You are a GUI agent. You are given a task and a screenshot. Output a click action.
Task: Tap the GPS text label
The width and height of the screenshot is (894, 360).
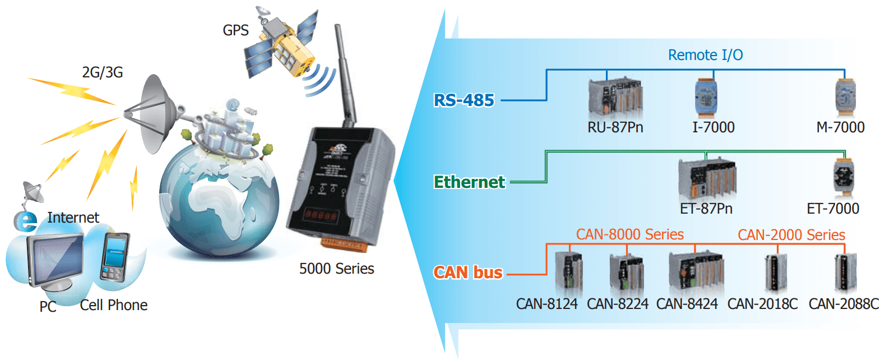(x=235, y=30)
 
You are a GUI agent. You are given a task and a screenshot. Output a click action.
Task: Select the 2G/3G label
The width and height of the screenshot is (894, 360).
(x=103, y=72)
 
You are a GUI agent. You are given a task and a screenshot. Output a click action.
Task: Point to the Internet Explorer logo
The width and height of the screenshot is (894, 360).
(x=25, y=221)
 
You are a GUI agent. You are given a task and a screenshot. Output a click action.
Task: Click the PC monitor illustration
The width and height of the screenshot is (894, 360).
(x=55, y=261)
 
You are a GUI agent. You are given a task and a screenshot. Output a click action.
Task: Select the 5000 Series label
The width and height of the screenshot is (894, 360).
(x=336, y=269)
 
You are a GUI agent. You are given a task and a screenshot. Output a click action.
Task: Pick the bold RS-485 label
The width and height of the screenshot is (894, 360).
(x=464, y=100)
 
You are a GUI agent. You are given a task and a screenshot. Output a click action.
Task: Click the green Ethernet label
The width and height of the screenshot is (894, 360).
(x=469, y=182)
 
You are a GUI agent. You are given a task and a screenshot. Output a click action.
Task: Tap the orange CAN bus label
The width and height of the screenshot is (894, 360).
(x=468, y=273)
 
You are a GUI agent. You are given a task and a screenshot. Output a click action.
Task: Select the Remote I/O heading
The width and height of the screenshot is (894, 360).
(x=705, y=55)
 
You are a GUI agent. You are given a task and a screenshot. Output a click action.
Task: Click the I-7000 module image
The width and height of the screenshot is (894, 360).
(x=706, y=97)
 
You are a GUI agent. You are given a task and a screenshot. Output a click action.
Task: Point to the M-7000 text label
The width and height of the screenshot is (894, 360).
(x=840, y=127)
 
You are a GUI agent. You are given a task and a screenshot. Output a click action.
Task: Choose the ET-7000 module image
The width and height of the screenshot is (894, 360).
(x=844, y=177)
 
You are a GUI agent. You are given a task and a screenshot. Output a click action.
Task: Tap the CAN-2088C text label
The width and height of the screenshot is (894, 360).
(x=844, y=304)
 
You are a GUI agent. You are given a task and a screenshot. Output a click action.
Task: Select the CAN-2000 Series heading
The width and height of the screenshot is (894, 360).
(x=791, y=235)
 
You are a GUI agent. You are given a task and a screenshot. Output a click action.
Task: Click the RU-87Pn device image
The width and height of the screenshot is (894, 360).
(x=615, y=97)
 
